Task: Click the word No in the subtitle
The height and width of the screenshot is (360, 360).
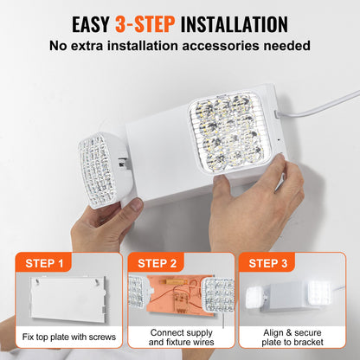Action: [x=60, y=45]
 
